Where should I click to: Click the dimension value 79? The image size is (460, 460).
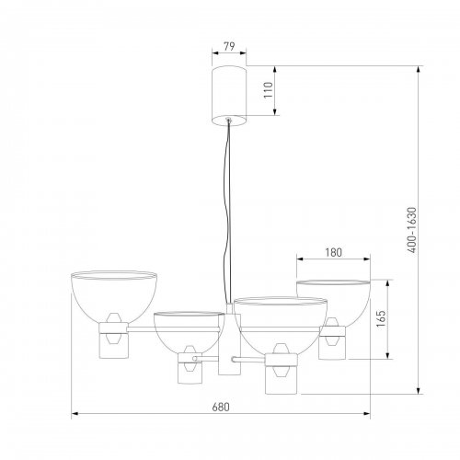click(x=229, y=46)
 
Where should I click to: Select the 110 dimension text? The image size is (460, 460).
click(x=269, y=90)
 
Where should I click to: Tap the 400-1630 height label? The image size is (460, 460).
click(x=412, y=230)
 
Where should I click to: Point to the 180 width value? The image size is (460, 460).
click(x=333, y=252)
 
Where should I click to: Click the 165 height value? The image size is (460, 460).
click(x=381, y=319)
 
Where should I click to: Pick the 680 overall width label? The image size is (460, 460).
click(x=221, y=408)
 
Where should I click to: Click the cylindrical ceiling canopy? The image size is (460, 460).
click(x=229, y=96)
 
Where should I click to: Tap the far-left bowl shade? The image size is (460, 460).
click(x=114, y=296)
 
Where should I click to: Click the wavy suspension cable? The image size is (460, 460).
click(x=228, y=212)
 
